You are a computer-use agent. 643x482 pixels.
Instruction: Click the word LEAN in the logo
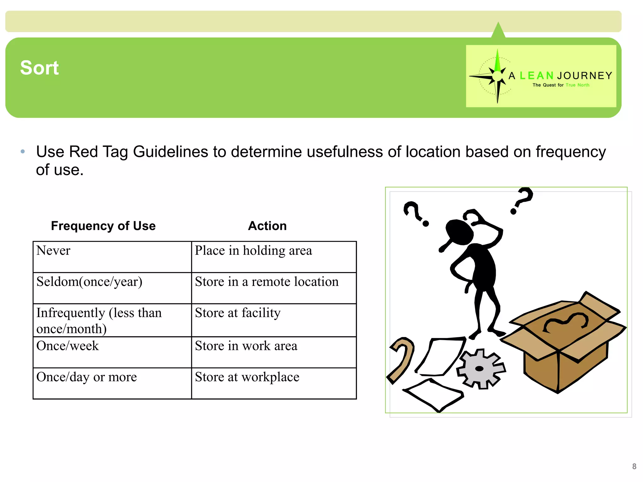537,76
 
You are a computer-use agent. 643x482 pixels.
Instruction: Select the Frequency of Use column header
103,226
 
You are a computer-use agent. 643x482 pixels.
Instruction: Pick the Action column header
267,226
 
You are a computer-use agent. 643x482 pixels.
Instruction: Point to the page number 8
634,466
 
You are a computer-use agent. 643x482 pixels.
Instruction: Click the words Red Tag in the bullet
98,152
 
